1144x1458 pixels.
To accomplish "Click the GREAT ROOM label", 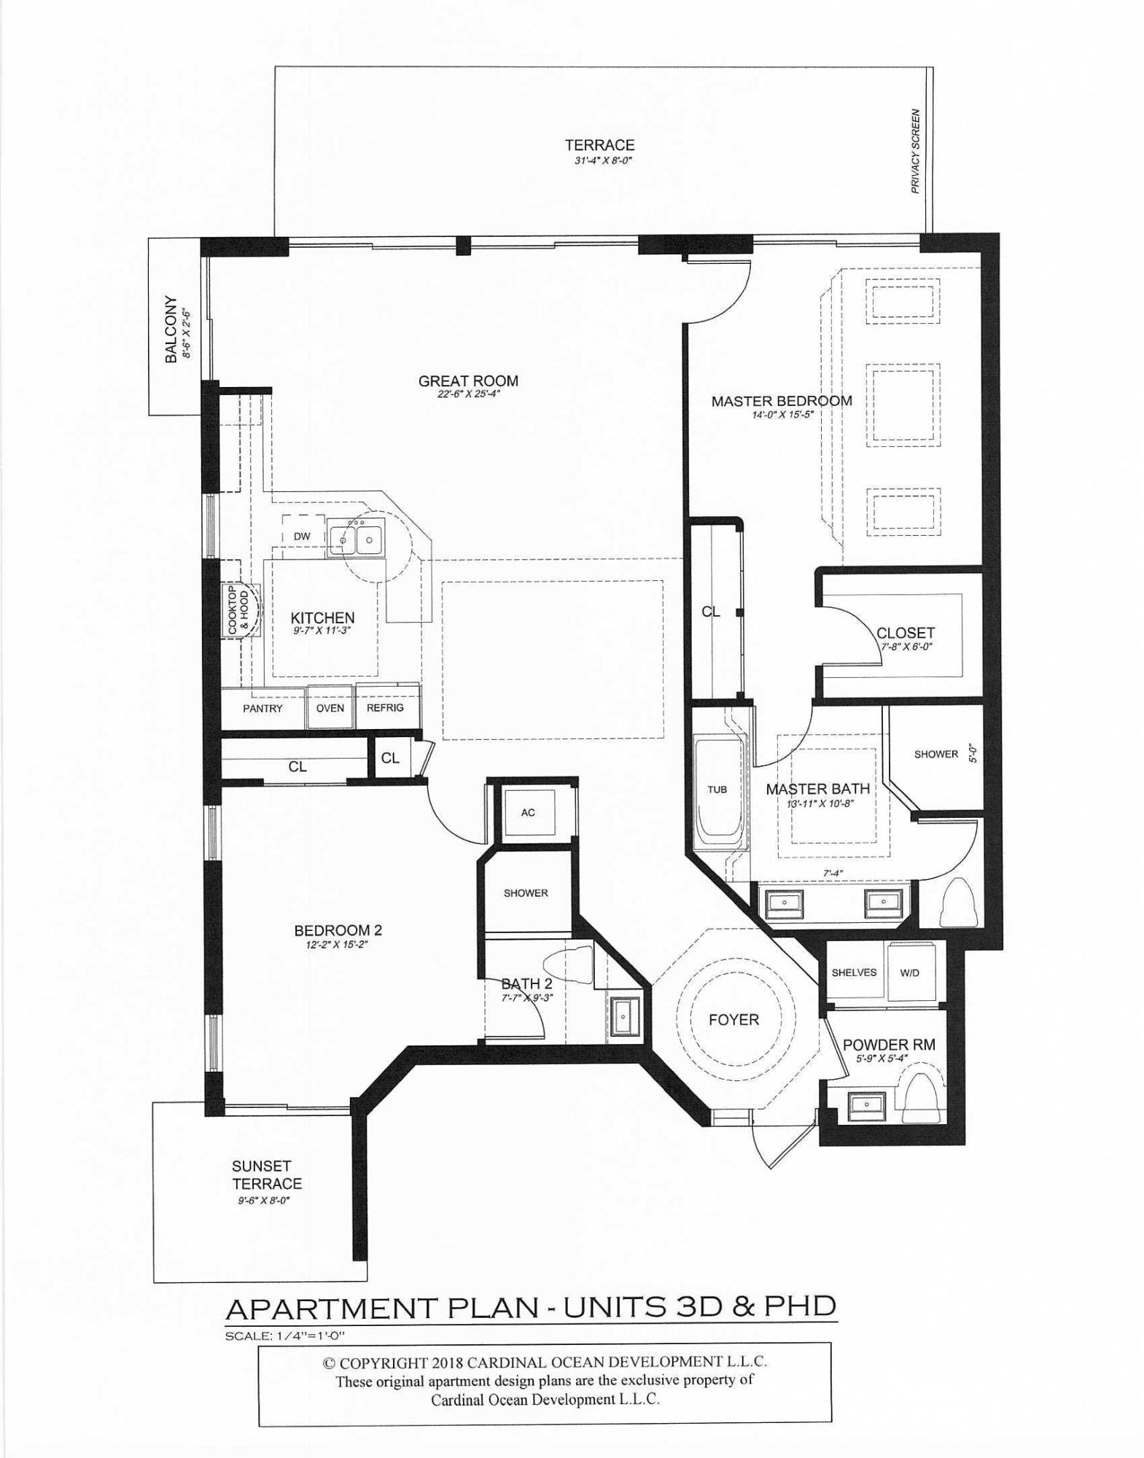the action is pyautogui.click(x=468, y=381).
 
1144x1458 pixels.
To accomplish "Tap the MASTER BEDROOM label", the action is pyautogui.click(x=782, y=400).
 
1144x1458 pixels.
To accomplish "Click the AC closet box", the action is pyautogui.click(x=529, y=812).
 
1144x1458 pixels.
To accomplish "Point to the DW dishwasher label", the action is pyautogui.click(x=302, y=536).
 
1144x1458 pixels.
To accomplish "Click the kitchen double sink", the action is pyautogui.click(x=357, y=540).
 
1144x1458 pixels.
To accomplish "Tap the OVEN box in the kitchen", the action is pyautogui.click(x=330, y=707).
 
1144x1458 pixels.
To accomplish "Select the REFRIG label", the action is pyautogui.click(x=385, y=707).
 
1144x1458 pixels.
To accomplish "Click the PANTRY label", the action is pyautogui.click(x=262, y=708).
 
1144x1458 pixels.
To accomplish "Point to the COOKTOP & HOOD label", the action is pyautogui.click(x=238, y=609).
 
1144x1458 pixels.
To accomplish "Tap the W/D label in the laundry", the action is pyautogui.click(x=910, y=972).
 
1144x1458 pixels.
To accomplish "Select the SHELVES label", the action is pyautogui.click(x=854, y=972).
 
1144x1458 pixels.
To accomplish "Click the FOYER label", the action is pyautogui.click(x=734, y=1019).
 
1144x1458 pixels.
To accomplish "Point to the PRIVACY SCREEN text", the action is pyautogui.click(x=916, y=151).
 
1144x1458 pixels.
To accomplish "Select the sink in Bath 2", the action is pyautogui.click(x=623, y=1014).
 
